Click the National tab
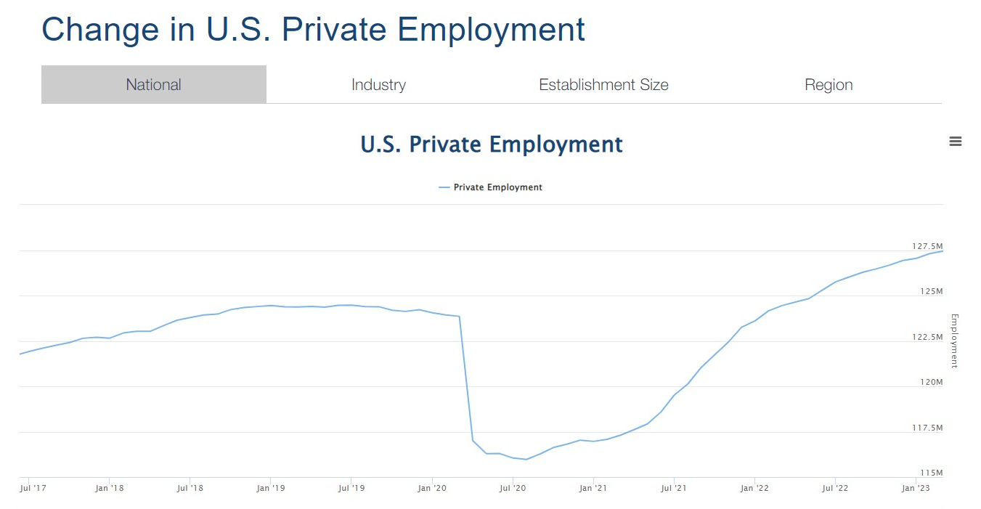point(153,85)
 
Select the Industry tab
point(378,85)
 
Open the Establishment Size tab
point(603,85)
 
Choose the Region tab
point(829,85)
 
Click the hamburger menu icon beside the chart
point(956,142)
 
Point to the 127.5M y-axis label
point(927,246)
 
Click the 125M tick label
point(931,291)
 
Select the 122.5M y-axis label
point(927,337)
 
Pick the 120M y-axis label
point(931,382)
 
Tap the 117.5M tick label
point(927,428)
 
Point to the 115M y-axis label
point(931,473)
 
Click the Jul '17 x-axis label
point(33,488)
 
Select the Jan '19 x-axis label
point(271,488)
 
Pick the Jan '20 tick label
point(432,488)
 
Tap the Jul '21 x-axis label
point(675,488)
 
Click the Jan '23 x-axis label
point(915,488)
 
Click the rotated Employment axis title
point(955,341)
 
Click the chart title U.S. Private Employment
point(492,144)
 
